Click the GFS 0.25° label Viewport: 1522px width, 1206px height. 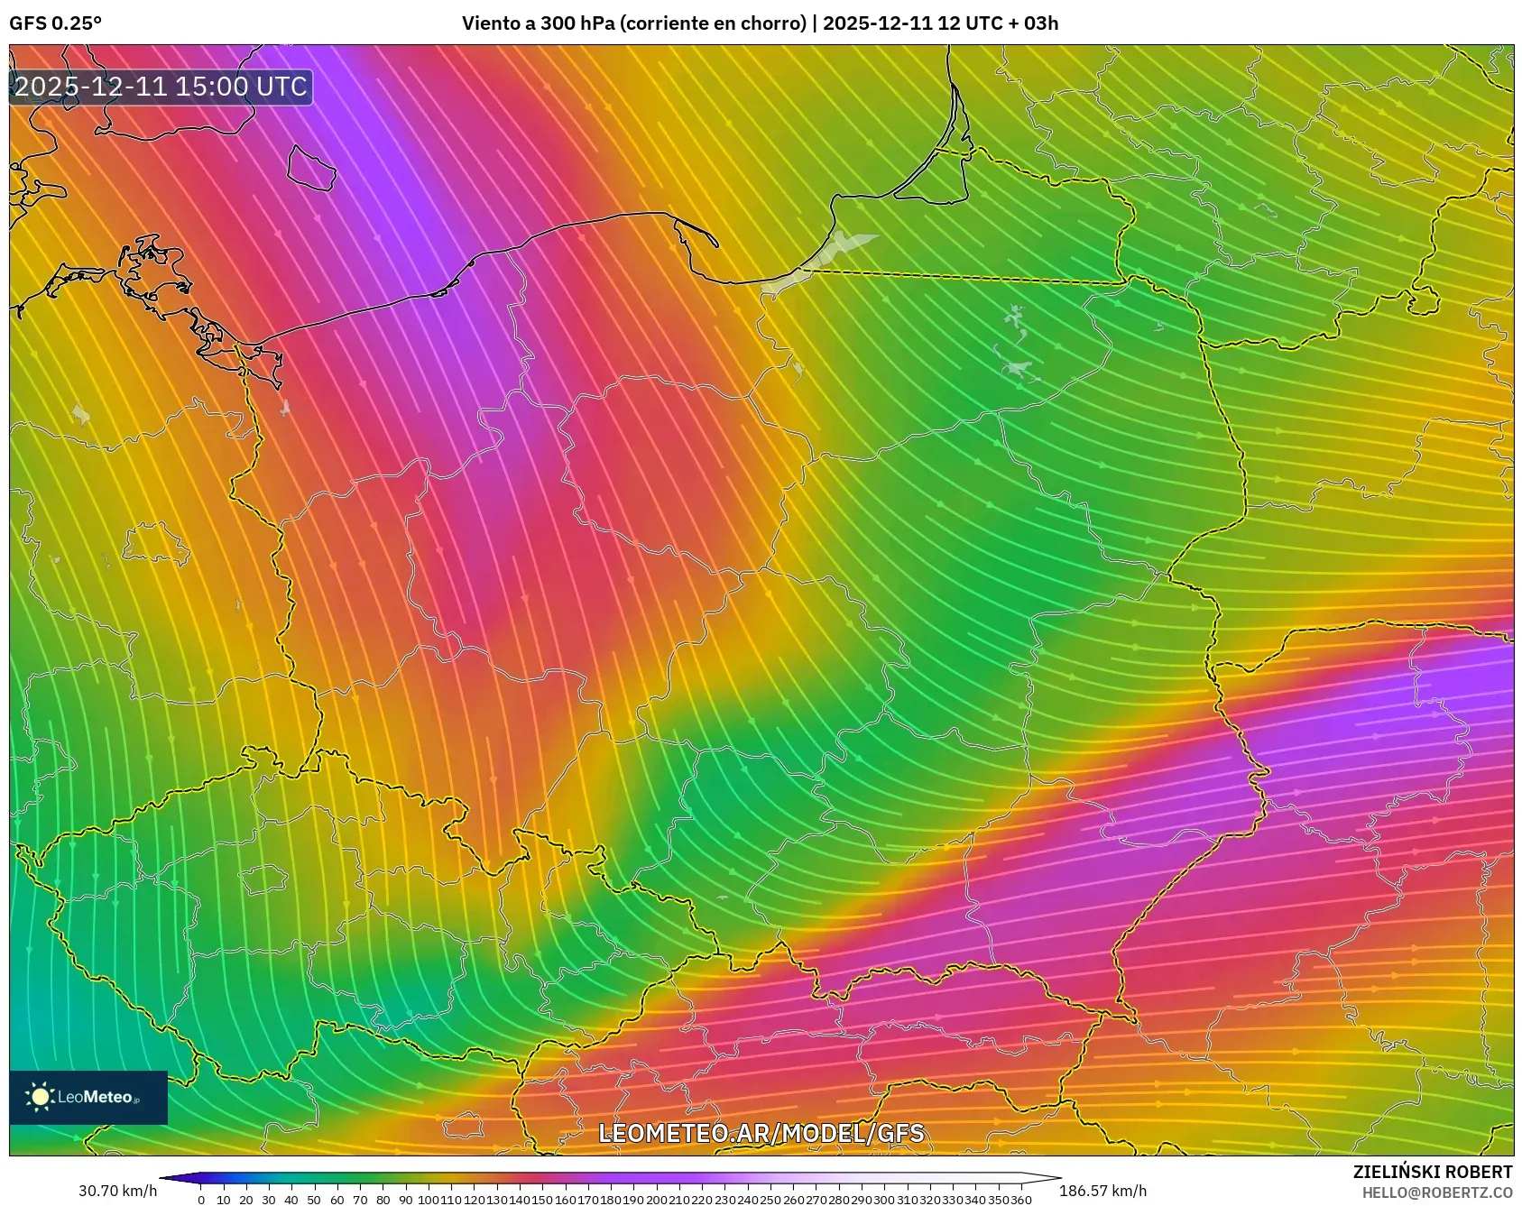point(55,23)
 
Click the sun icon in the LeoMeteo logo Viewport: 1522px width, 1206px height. point(41,1097)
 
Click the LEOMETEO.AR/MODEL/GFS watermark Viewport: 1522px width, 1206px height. point(761,1133)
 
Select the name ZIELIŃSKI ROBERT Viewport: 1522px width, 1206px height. point(1432,1172)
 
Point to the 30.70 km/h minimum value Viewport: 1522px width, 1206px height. point(117,1191)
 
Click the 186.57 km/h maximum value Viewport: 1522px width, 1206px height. point(1102,1191)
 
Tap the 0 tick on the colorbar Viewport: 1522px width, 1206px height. point(200,1200)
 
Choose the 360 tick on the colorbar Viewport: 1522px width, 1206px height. point(1020,1200)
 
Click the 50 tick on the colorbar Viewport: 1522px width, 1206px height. point(314,1200)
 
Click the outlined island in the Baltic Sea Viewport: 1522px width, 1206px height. point(310,168)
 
